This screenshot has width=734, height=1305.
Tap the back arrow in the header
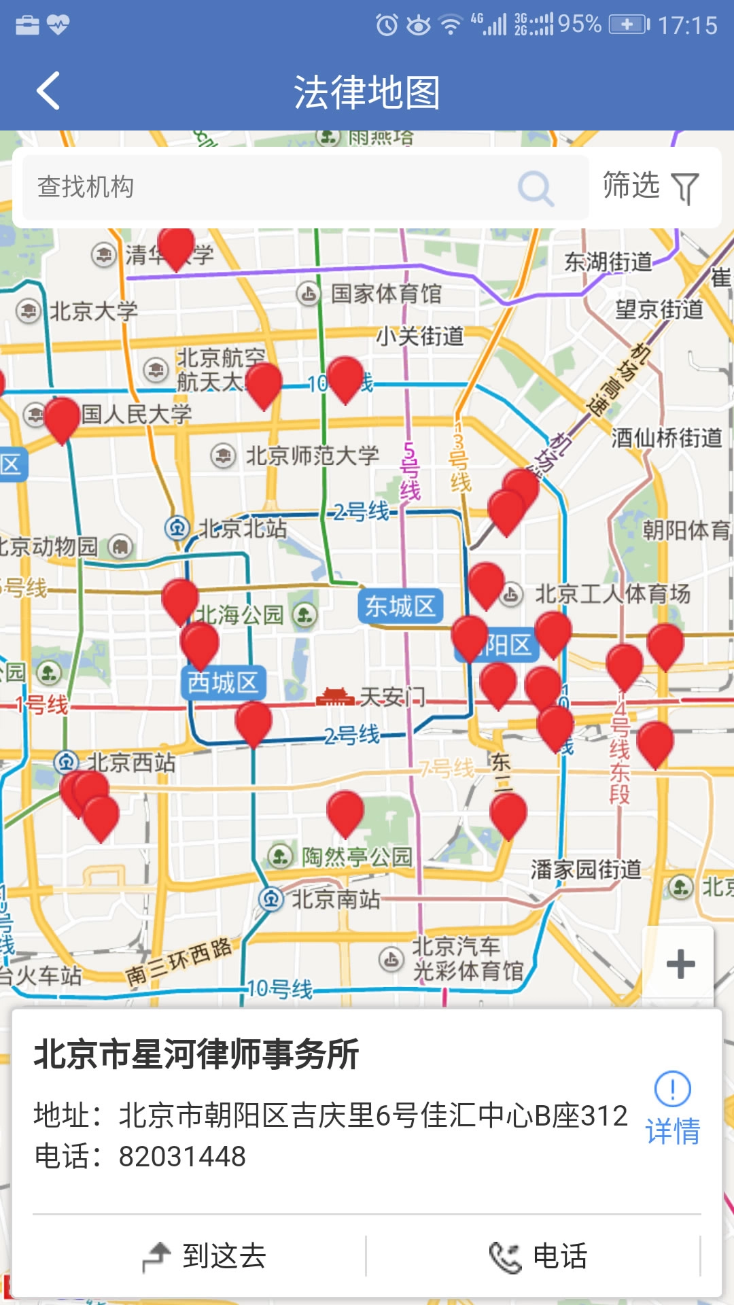click(x=48, y=91)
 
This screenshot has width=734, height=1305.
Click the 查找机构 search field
click(x=272, y=187)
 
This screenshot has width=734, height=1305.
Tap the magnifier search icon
click(x=536, y=188)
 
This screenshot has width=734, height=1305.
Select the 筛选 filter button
click(x=650, y=186)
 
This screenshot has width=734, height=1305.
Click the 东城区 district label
click(x=400, y=606)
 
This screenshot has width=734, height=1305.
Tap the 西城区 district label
click(x=223, y=682)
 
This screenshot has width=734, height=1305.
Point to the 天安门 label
click(x=392, y=697)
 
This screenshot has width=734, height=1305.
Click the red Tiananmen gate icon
click(x=335, y=697)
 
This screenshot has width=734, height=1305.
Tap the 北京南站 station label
click(x=336, y=899)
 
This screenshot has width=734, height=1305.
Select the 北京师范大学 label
click(x=312, y=455)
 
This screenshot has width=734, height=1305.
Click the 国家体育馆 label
click(x=386, y=294)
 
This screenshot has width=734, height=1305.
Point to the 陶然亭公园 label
click(x=357, y=856)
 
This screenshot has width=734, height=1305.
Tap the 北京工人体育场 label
click(x=612, y=594)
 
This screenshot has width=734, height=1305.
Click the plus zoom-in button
click(x=680, y=964)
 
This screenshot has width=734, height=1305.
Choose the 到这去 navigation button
click(x=204, y=1255)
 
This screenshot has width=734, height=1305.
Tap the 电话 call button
click(x=537, y=1255)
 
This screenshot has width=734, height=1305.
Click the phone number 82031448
click(x=182, y=1156)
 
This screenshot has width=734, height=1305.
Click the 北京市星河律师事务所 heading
click(x=197, y=1054)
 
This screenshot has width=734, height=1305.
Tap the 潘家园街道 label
click(x=586, y=869)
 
